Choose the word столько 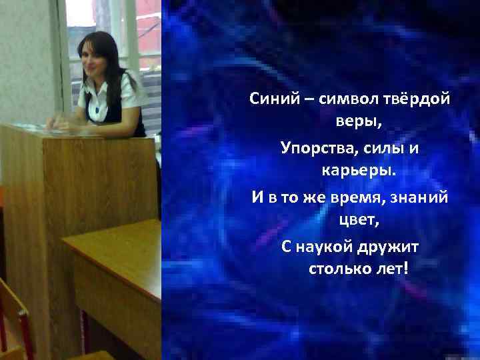(338, 271)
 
